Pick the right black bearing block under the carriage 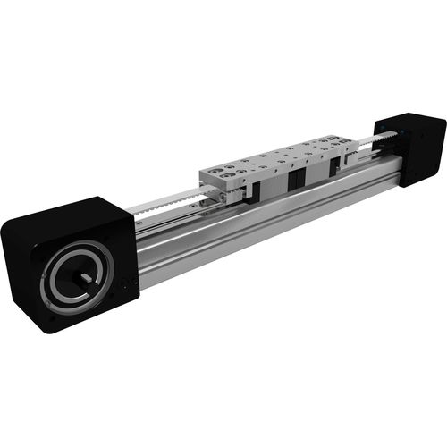(x=332, y=168)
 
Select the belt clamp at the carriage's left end (x=211, y=190)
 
